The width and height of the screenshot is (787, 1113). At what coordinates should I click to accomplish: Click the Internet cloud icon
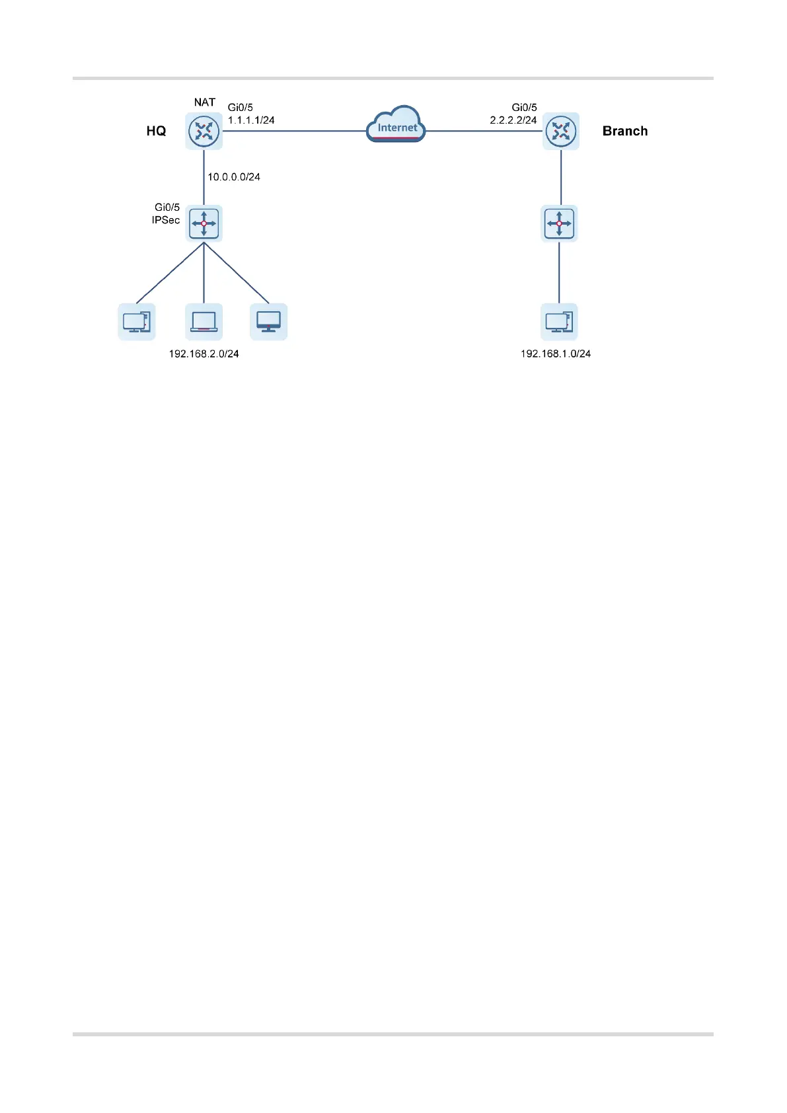396,125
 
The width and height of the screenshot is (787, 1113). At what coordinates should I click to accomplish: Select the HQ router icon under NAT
204,131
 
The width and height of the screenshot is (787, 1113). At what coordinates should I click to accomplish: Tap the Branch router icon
560,131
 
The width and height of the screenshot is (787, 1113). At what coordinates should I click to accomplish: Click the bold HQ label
156,131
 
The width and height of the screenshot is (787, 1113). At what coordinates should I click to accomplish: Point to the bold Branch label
624,131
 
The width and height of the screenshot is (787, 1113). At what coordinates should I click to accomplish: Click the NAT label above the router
204,102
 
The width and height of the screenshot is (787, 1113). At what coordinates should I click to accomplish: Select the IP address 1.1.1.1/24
251,120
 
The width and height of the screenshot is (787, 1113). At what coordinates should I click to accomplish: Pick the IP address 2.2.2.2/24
513,120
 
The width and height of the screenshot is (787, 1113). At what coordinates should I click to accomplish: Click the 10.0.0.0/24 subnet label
234,177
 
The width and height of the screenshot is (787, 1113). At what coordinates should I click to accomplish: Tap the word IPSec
166,220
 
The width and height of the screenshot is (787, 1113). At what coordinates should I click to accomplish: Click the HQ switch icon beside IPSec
204,223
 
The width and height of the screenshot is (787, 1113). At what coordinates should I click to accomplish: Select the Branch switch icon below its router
559,223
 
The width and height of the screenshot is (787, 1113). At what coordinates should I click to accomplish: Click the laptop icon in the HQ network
204,322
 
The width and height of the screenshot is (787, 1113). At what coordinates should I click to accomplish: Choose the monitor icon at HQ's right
268,322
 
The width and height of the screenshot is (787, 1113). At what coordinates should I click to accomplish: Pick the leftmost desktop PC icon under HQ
137,322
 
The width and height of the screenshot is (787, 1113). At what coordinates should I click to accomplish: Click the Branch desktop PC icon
559,322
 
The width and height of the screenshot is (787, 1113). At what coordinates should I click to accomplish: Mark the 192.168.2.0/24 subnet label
204,354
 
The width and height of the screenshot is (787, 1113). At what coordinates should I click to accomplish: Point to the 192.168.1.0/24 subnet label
556,354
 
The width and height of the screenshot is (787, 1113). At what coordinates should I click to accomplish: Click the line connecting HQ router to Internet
294,131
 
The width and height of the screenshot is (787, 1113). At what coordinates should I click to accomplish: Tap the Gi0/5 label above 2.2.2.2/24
524,107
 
